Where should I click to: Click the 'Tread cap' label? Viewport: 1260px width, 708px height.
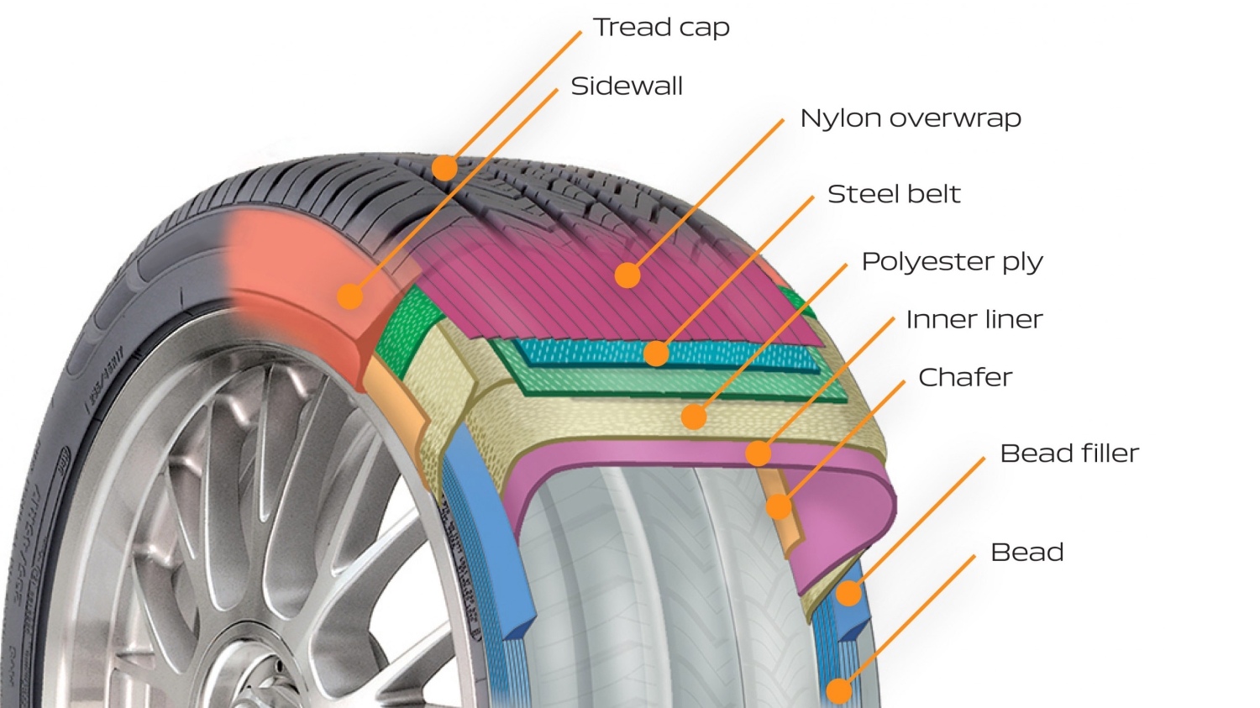(x=661, y=28)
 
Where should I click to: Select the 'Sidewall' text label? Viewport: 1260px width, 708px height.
(x=627, y=87)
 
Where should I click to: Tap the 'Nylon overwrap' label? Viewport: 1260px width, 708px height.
(x=911, y=118)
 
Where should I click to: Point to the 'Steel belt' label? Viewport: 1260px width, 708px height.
(x=894, y=194)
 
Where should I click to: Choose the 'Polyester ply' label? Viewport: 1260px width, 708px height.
(x=952, y=262)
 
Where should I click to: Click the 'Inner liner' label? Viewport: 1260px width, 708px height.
(x=974, y=320)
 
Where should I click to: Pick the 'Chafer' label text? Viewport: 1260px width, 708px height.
(x=965, y=378)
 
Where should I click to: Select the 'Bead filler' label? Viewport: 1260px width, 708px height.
(x=1069, y=454)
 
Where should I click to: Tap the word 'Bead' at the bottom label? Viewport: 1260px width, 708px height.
(x=1026, y=553)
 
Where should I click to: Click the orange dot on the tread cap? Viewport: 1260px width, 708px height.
(x=444, y=168)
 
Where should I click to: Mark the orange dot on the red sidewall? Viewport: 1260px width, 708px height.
(x=350, y=296)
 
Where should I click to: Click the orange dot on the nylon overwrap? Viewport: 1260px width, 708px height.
(x=627, y=275)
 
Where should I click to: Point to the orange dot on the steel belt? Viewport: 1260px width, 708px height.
(x=657, y=354)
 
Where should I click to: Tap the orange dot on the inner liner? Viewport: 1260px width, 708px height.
(x=759, y=454)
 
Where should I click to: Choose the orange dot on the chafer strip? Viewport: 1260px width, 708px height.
(x=779, y=506)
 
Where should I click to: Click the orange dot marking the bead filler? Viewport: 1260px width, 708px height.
(x=849, y=594)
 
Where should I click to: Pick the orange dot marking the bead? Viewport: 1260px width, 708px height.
(x=839, y=691)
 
